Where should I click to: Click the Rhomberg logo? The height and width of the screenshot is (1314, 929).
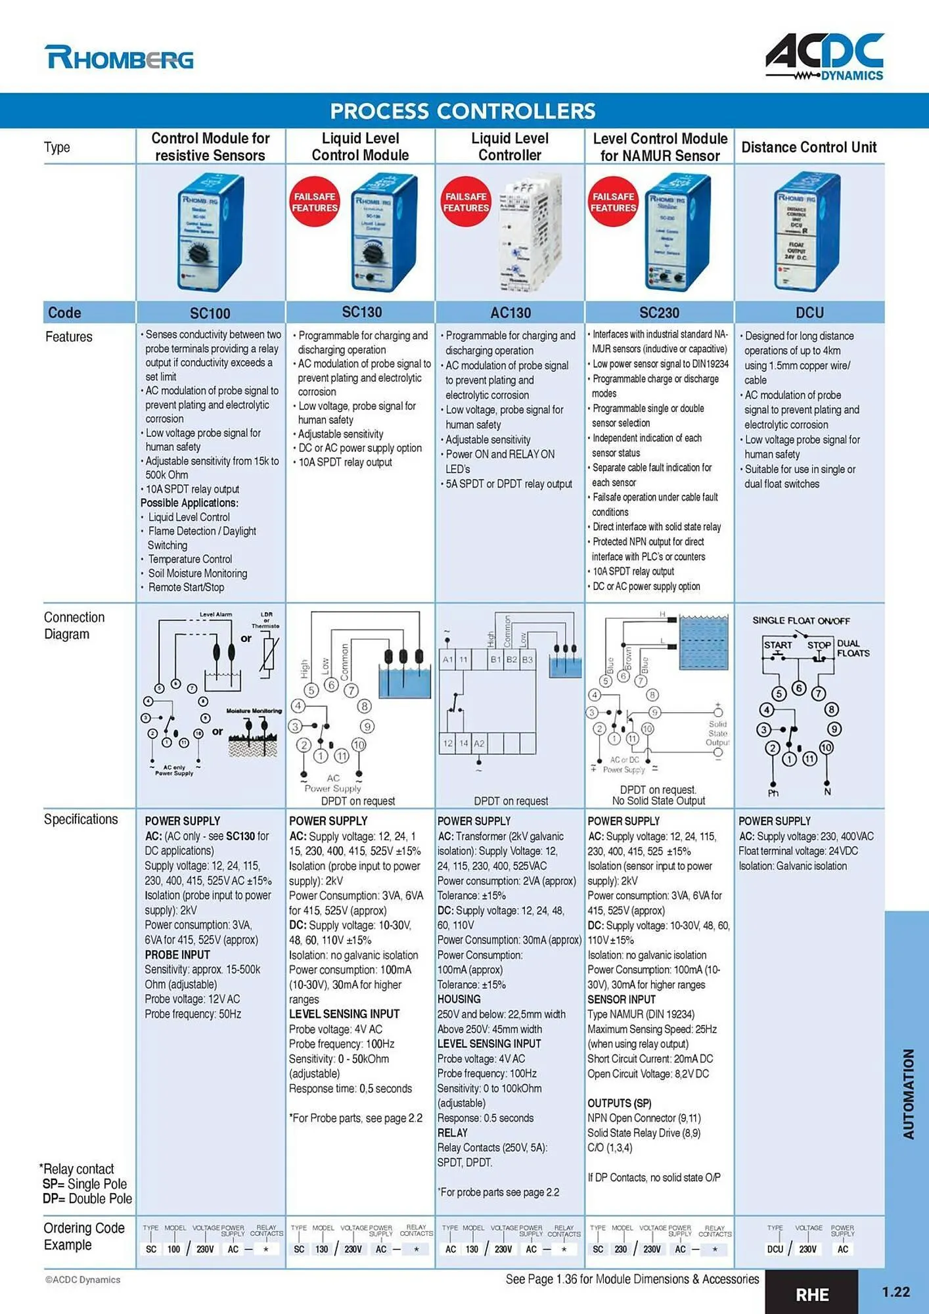coord(119,58)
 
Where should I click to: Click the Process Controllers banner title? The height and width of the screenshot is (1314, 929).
coord(463,111)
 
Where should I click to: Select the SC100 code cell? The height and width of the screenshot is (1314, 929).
coord(210,313)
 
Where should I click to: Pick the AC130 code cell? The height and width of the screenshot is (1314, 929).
coord(510,313)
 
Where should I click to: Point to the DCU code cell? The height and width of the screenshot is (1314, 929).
coord(809,313)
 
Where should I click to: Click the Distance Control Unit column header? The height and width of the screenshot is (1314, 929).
coord(809,147)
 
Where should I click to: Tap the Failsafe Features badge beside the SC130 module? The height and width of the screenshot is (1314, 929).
coord(315,202)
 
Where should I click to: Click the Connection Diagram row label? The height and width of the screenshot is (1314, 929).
coord(74,625)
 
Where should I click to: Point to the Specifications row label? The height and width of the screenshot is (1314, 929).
coord(81,819)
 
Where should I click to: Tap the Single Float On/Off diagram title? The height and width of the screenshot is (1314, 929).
coord(801,620)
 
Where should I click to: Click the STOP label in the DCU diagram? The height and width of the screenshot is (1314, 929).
coord(819,645)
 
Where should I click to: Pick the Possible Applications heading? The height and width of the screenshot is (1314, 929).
coord(189,503)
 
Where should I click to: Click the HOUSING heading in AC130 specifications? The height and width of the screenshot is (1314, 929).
coord(459,999)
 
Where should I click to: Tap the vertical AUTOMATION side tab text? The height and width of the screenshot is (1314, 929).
coord(909,1094)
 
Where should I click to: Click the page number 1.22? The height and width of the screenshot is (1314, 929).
coord(895,1292)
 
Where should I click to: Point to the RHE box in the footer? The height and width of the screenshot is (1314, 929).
coord(812,1294)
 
